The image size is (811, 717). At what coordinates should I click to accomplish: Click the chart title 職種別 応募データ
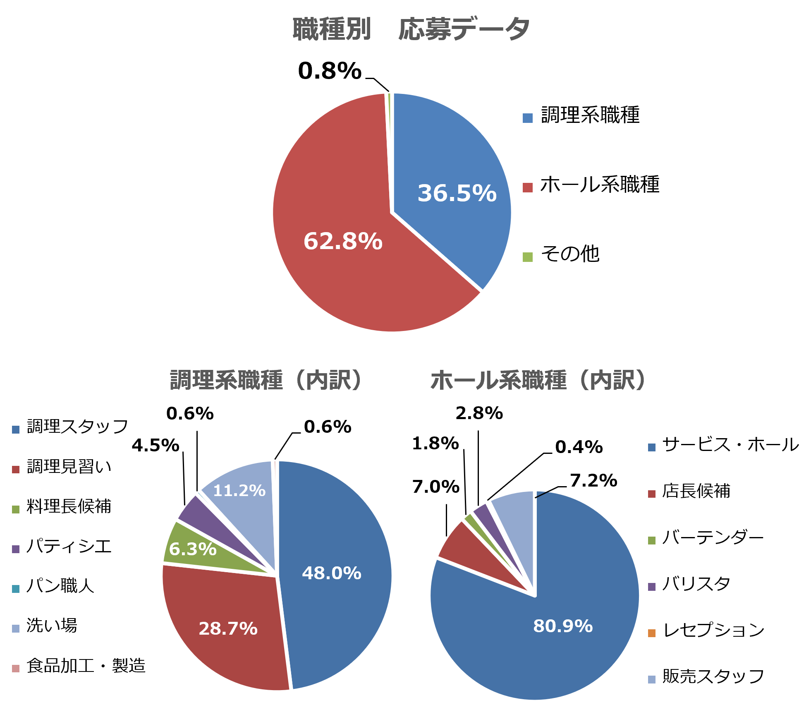[411, 30]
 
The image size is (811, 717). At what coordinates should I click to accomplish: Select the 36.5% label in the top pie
[457, 193]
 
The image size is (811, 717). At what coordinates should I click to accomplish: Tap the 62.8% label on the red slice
[343, 241]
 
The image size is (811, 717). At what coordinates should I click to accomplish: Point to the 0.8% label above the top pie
[330, 71]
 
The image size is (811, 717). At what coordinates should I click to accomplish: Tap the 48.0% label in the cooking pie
[332, 573]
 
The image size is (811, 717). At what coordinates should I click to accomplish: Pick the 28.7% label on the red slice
[228, 629]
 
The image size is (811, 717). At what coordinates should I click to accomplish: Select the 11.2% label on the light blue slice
[239, 491]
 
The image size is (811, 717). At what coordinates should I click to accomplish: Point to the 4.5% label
[156, 446]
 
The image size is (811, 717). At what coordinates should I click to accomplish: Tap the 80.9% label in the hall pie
[563, 626]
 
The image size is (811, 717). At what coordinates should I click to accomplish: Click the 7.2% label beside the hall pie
[593, 481]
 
